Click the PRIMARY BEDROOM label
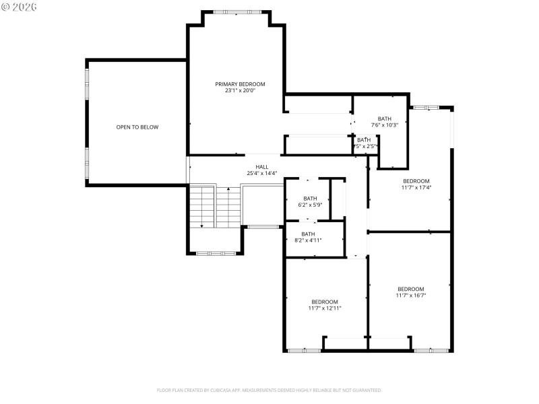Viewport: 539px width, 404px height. [x=240, y=84]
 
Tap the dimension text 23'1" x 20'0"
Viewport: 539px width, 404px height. [x=240, y=90]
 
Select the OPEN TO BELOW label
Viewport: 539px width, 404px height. [x=137, y=127]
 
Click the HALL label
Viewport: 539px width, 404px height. [x=261, y=167]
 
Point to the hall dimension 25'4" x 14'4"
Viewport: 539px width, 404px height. [x=261, y=173]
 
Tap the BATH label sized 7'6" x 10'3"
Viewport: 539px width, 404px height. [x=385, y=119]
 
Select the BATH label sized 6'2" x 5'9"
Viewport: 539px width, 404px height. [x=310, y=198]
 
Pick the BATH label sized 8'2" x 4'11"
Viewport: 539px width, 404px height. [x=308, y=234]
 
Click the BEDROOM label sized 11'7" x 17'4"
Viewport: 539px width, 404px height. [x=416, y=181]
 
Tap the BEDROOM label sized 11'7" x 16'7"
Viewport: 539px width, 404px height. [x=411, y=289]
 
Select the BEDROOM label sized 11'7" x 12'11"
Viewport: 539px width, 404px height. [x=325, y=302]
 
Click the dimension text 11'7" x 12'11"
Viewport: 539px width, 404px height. [x=325, y=308]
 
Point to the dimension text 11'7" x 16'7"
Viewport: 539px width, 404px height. [x=411, y=295]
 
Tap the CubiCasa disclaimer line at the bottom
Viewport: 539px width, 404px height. [x=269, y=390]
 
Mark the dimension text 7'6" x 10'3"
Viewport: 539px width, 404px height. [x=385, y=125]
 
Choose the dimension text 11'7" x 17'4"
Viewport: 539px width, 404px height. [x=416, y=187]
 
